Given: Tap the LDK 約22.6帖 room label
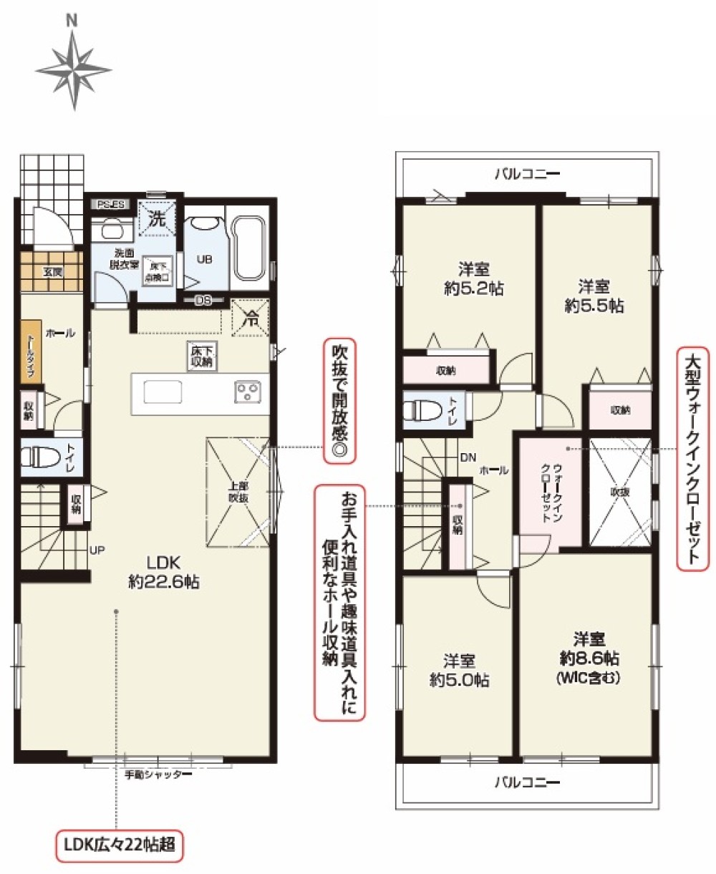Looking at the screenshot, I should [x=163, y=571].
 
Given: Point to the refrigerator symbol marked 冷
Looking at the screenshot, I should [x=250, y=315].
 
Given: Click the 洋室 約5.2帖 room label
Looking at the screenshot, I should [x=473, y=278].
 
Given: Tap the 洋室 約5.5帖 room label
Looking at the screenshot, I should [x=594, y=296].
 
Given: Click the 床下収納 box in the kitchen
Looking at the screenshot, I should [x=201, y=356].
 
